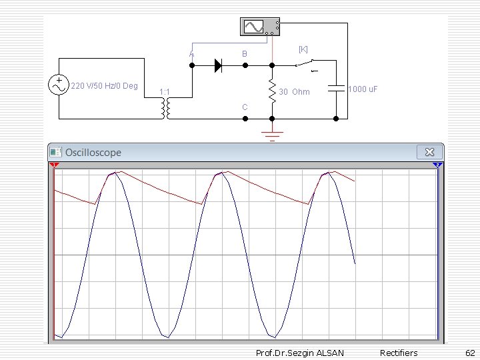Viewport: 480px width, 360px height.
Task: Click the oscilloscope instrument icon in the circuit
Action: (x=259, y=26)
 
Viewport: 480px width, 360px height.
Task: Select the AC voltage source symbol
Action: (x=59, y=85)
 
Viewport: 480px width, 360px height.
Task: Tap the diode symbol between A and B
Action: (x=218, y=65)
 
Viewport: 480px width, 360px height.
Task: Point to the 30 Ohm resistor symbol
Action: (x=272, y=91)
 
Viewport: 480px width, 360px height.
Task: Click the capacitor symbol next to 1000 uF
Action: (x=336, y=89)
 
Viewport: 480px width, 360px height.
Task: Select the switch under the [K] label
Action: (x=307, y=65)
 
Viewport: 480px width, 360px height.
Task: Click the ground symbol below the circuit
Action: (x=273, y=136)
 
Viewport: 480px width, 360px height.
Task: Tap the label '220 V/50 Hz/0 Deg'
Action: (x=104, y=86)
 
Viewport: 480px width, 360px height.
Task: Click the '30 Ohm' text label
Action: (x=294, y=92)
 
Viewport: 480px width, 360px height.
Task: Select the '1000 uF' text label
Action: (x=363, y=89)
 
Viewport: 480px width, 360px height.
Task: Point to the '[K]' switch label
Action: (x=303, y=49)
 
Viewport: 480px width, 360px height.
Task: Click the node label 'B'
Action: (x=245, y=53)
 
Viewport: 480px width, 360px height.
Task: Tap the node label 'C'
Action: (x=245, y=107)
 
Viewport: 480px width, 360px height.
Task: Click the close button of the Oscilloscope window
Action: (x=429, y=152)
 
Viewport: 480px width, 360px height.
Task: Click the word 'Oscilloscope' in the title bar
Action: (x=93, y=153)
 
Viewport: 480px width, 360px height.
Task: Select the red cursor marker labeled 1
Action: (x=54, y=165)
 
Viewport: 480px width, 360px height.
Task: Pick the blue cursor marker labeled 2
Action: (x=437, y=165)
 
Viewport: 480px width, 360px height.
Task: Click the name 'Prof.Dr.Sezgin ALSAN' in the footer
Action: (x=300, y=353)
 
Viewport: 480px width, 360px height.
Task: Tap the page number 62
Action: (x=469, y=353)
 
